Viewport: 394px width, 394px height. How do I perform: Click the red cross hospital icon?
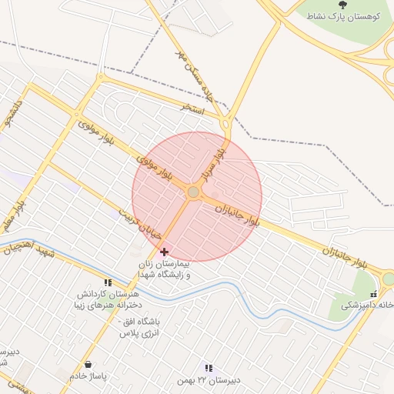pyautogui.click(x=163, y=252)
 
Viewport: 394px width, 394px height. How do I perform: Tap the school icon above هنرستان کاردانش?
pyautogui.click(x=107, y=283)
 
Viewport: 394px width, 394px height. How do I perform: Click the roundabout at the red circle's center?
pyautogui.click(x=194, y=192)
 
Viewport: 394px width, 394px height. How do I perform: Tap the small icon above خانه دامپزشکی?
pyautogui.click(x=374, y=293)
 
